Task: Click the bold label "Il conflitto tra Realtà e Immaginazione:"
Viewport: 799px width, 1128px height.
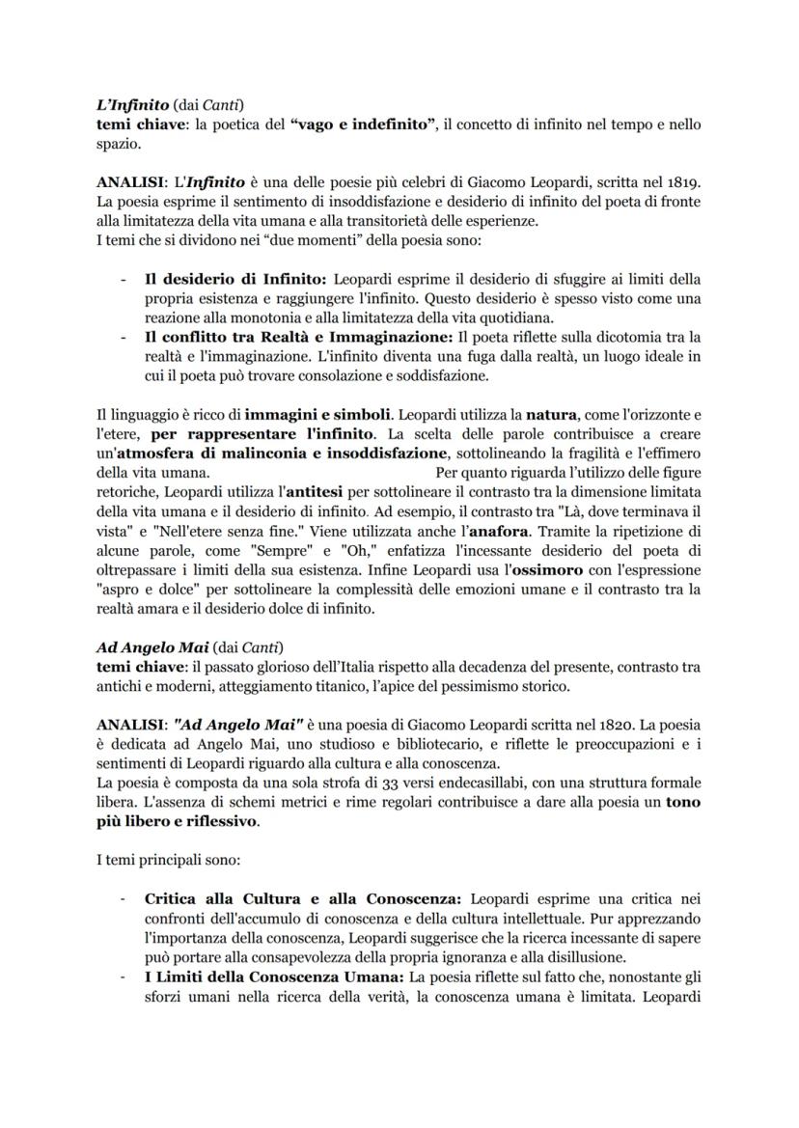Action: click(300, 337)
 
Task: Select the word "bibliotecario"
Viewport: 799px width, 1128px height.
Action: click(402, 742)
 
